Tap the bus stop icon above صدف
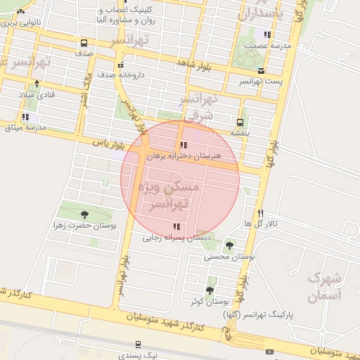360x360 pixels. pos(84,43)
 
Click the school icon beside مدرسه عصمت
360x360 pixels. pos(266,34)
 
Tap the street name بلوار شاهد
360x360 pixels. pos(195,63)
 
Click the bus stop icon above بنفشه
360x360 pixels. pos(240,122)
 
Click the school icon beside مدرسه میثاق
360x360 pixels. pos(25,117)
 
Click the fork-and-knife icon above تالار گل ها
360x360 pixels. pos(261,213)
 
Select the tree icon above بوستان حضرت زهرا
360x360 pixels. pos(85,214)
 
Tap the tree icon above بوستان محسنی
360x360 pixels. pos(229,245)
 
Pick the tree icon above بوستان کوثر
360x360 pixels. pos(210,290)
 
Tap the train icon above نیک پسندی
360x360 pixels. pos(138,345)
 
